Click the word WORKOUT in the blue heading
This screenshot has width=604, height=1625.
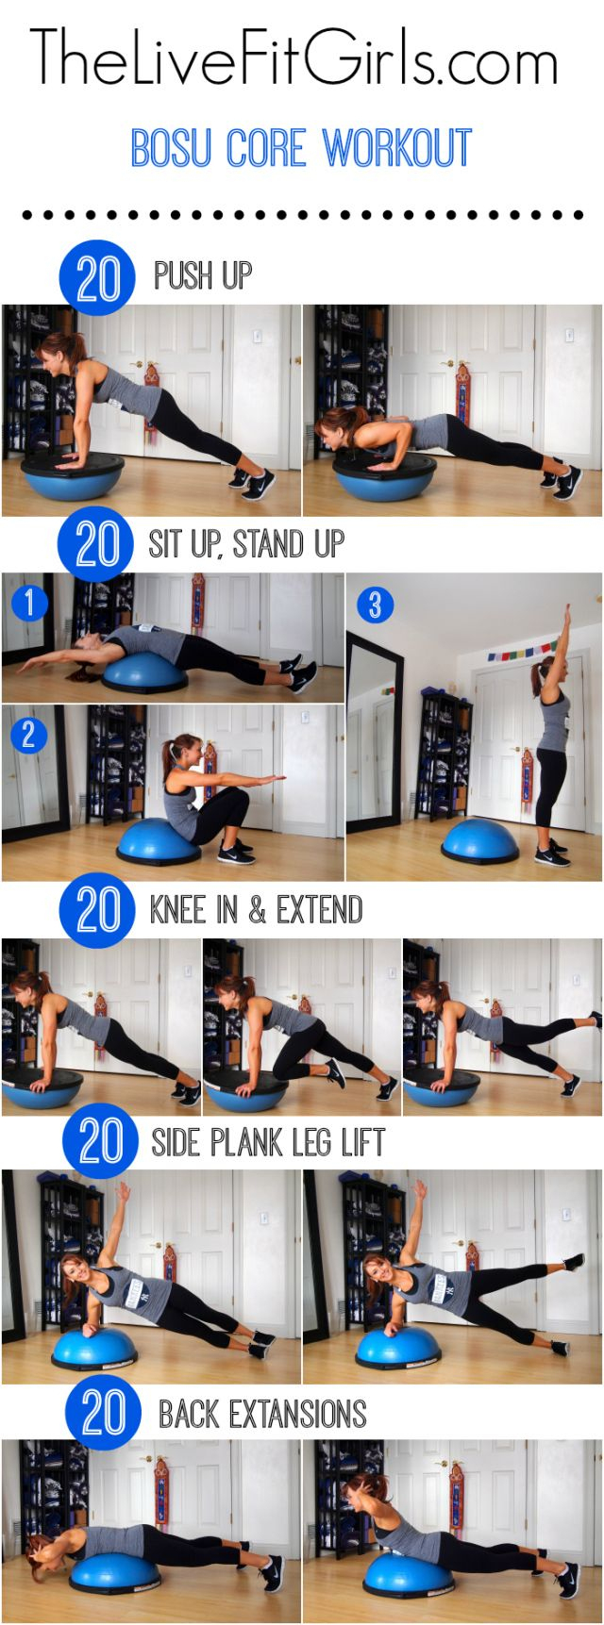(x=397, y=148)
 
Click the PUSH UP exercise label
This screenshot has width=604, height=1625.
(x=203, y=275)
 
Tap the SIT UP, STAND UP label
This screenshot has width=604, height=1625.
(x=246, y=544)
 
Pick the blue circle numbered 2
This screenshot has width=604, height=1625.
(x=27, y=734)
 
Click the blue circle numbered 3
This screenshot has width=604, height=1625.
(x=374, y=604)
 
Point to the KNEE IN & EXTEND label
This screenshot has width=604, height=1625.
(x=256, y=910)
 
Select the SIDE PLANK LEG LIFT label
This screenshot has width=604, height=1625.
(x=268, y=1142)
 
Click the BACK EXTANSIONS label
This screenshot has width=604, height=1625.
(x=261, y=1413)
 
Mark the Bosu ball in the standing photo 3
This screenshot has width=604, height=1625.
(x=480, y=840)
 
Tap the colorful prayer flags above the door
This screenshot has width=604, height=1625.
(x=524, y=652)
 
